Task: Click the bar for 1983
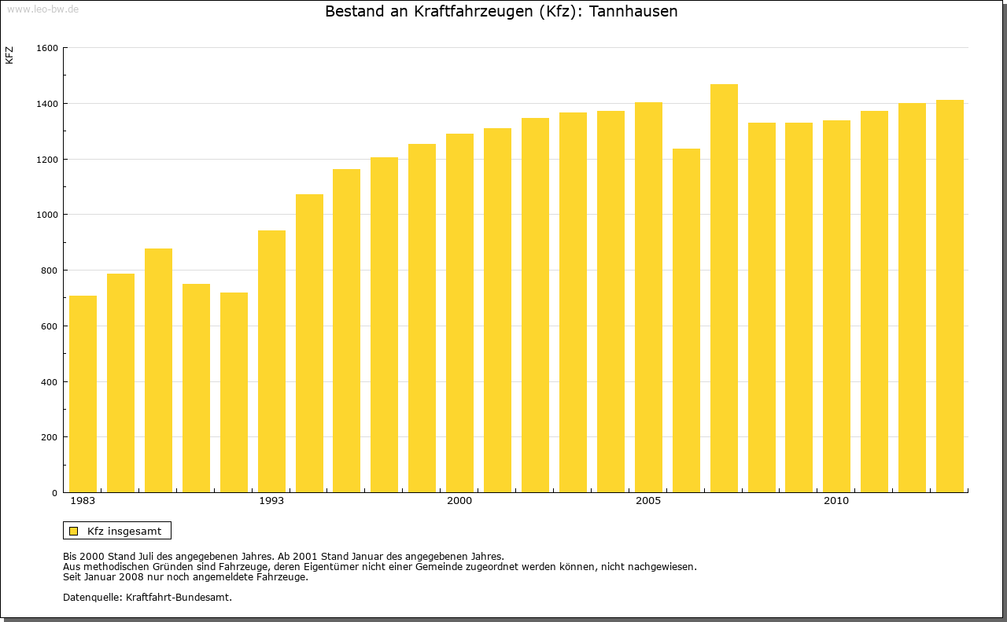(83, 394)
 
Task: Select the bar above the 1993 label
(271, 362)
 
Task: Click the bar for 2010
(836, 307)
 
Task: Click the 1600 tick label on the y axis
(47, 48)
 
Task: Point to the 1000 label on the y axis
(47, 215)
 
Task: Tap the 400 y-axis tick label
(50, 382)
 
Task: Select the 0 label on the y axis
(55, 493)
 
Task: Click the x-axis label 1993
(271, 501)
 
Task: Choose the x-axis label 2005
(648, 501)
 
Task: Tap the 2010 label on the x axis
(836, 501)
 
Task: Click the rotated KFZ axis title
(9, 56)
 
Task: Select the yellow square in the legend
(73, 531)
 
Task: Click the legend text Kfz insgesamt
(124, 531)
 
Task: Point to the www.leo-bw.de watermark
(42, 9)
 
